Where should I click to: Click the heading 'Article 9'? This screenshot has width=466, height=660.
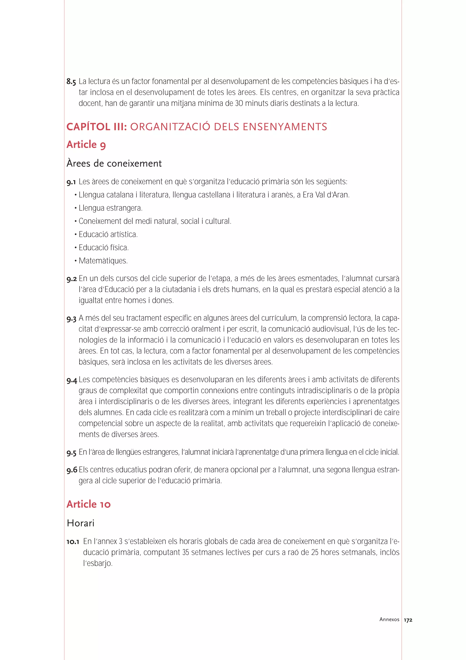click(86, 145)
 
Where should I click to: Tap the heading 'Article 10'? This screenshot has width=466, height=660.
click(89, 504)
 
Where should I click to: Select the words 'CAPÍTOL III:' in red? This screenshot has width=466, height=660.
click(97, 127)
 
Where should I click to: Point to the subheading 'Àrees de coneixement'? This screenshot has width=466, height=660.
click(114, 163)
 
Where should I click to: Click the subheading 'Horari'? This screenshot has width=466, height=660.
click(80, 523)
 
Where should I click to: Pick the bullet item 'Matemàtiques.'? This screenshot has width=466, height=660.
click(103, 261)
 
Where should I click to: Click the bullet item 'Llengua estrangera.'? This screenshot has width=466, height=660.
click(111, 208)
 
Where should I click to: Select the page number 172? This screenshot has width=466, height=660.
click(408, 620)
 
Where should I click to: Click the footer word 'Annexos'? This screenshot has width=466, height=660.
click(389, 619)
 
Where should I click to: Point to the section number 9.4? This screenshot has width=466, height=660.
click(72, 381)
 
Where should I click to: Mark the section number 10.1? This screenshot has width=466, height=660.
click(73, 542)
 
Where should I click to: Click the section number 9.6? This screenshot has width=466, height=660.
click(72, 470)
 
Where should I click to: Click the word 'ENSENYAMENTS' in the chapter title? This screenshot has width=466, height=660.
click(285, 127)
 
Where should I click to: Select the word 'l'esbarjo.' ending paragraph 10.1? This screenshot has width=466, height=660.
click(98, 563)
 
